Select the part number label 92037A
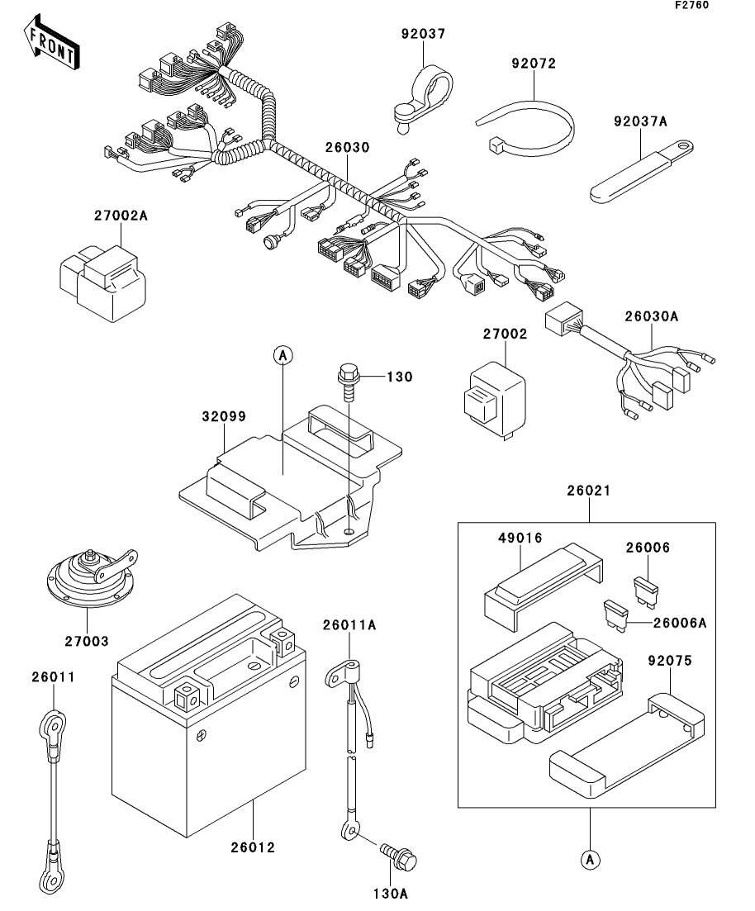click(640, 121)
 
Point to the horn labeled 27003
click(87, 578)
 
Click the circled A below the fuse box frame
click(590, 860)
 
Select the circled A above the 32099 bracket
click(283, 355)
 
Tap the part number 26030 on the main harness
click(346, 148)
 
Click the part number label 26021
click(589, 491)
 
